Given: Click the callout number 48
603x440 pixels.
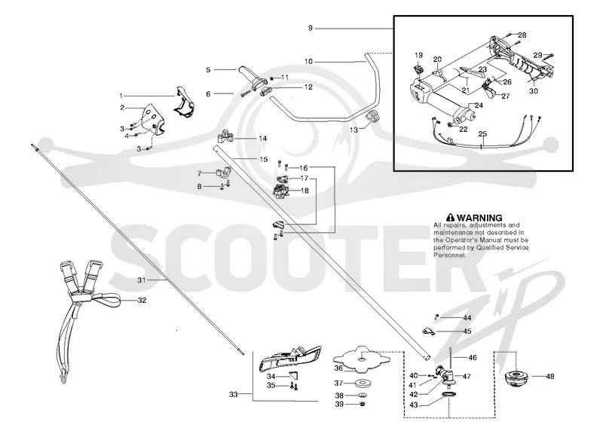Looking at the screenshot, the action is [550, 377].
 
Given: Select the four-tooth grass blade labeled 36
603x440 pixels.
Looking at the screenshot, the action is [362, 359].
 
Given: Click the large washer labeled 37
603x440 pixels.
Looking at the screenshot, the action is [362, 383].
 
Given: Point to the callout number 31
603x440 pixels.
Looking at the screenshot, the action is [142, 280].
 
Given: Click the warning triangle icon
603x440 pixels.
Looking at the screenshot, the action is [450, 218].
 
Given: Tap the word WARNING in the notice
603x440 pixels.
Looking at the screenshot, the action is [479, 218].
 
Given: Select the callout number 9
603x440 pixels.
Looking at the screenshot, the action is [311, 28].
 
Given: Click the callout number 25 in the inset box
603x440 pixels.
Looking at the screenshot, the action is [482, 133].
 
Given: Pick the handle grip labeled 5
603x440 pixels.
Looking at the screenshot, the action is [250, 77].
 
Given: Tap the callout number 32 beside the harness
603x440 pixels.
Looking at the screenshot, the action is [142, 300].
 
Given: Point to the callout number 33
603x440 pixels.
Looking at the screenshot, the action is [233, 394].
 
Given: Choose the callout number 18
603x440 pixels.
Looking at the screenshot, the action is [305, 191].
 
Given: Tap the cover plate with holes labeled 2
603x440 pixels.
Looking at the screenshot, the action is [154, 119].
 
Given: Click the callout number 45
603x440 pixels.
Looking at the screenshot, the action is [467, 332].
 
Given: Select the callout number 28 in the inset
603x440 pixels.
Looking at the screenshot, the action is [522, 35].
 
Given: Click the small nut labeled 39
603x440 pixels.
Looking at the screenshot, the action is [362, 405].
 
